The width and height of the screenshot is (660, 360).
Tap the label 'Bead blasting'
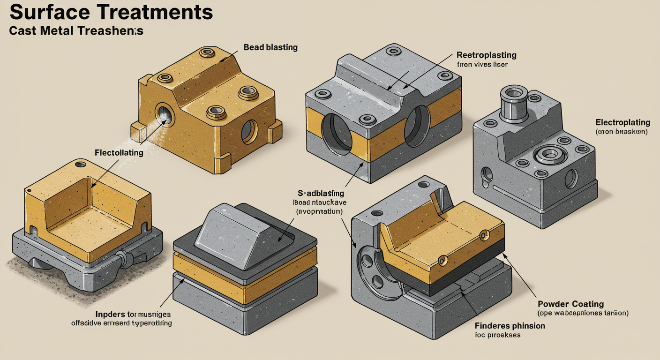(x=270, y=47)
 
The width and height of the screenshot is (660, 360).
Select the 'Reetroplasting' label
(x=486, y=55)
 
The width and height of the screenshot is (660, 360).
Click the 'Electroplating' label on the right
(x=622, y=122)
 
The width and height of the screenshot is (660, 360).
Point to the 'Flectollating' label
(x=119, y=152)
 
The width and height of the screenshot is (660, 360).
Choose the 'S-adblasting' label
(x=321, y=193)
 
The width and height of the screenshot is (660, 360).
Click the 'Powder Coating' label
(x=570, y=304)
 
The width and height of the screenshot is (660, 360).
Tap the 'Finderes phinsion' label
(x=510, y=325)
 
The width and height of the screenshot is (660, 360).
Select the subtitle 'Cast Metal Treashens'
(x=76, y=31)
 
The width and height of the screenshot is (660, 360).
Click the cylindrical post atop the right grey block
(x=513, y=103)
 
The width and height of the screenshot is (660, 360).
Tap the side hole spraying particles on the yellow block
(x=164, y=113)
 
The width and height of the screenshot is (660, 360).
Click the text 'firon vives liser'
(x=482, y=64)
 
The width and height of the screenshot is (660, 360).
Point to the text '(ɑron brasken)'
(x=621, y=132)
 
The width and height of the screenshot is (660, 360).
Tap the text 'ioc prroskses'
(x=498, y=335)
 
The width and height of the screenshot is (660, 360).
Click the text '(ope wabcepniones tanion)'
(x=583, y=313)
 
